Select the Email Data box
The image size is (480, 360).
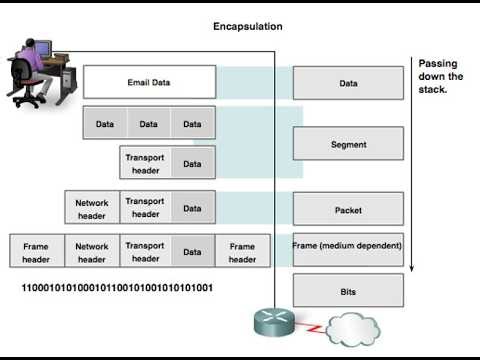pyautogui.click(x=149, y=82)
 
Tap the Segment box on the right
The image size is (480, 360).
pyautogui.click(x=348, y=144)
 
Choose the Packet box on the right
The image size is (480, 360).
pyautogui.click(x=348, y=210)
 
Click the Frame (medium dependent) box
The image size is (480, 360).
pyautogui.click(x=348, y=246)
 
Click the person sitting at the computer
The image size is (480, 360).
pyautogui.click(x=33, y=70)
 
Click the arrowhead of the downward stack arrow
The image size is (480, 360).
pyautogui.click(x=412, y=267)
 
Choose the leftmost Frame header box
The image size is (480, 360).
pyautogui.click(x=36, y=253)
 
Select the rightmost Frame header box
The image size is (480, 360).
pyautogui.click(x=242, y=253)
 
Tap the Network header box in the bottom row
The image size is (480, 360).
pyautogui.click(x=92, y=253)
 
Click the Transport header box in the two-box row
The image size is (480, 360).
pyautogui.click(x=145, y=164)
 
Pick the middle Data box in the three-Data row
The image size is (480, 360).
pyautogui.click(x=148, y=124)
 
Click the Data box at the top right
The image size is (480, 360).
pyautogui.click(x=348, y=84)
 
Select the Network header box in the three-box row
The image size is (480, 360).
pyautogui.click(x=92, y=208)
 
